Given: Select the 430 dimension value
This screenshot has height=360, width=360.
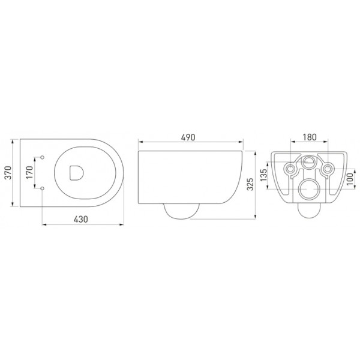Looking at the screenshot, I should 82,220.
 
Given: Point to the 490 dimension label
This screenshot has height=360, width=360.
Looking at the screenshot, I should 190,137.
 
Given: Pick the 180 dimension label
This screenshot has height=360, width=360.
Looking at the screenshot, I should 309,137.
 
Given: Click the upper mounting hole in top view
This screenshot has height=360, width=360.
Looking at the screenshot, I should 43,158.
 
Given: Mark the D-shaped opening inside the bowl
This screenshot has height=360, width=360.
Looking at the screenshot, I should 76,173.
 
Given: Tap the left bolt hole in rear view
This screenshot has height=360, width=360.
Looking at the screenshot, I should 291,169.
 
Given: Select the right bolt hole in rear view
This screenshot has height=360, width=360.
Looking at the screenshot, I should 327,169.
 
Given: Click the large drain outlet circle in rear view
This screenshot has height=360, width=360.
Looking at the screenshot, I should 309,189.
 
